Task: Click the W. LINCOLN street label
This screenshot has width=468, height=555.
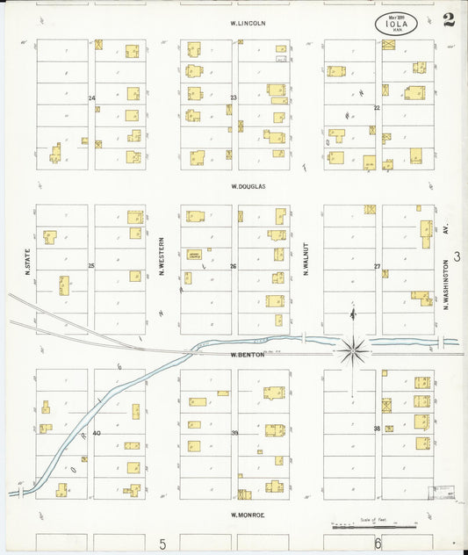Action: click(248, 23)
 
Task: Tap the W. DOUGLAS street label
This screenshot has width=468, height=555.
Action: click(248, 187)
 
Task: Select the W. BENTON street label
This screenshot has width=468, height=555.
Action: click(248, 355)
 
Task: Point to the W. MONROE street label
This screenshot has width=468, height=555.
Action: click(248, 515)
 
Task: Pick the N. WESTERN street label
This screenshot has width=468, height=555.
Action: click(162, 257)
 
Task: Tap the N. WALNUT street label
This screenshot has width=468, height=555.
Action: click(306, 259)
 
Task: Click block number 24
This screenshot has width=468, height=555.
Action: click(91, 97)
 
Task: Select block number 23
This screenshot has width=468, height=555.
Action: click(234, 97)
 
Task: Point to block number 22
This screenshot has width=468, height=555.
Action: click(376, 107)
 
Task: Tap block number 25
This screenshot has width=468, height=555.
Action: click(91, 265)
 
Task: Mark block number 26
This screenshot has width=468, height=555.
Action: click(234, 266)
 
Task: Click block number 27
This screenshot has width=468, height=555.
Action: click(377, 266)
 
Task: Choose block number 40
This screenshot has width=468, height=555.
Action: click(97, 433)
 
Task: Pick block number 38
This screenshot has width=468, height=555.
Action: click(377, 429)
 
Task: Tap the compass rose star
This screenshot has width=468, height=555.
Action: click(353, 350)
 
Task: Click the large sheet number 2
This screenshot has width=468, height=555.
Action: click(449, 20)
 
